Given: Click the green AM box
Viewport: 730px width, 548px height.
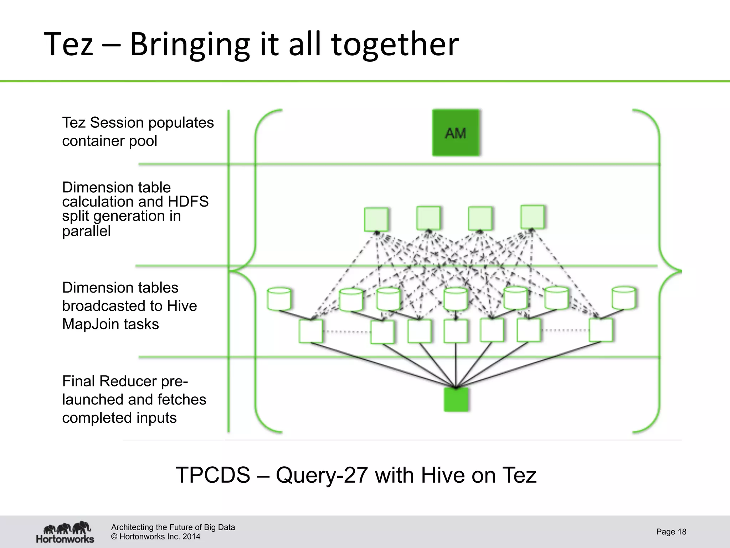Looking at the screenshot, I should [456, 133].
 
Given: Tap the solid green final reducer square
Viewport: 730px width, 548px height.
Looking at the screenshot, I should [456, 400].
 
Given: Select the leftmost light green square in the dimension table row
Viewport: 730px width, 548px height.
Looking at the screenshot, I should [376, 219].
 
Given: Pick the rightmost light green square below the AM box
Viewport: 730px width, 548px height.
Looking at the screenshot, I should [532, 217].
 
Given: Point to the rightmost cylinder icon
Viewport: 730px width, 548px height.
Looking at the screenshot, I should [623, 298].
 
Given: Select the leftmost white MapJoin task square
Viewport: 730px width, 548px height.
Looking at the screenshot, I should [311, 331].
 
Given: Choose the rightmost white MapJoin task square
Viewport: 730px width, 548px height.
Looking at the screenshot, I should [601, 330].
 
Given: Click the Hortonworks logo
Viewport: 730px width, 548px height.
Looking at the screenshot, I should [65, 532].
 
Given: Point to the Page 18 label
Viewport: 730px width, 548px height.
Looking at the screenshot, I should [671, 532].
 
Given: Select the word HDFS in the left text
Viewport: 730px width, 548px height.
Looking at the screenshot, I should [188, 202].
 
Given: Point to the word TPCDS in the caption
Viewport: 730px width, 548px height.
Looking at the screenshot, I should [213, 475].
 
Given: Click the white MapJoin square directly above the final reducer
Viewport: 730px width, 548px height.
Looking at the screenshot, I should [456, 331].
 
